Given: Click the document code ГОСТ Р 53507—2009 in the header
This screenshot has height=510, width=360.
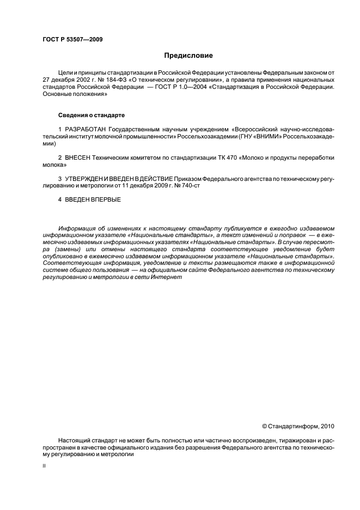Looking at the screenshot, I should point(72,39).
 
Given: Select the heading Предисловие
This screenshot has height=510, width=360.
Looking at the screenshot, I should point(188,56).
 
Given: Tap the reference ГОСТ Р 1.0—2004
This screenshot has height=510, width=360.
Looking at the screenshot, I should point(186,87).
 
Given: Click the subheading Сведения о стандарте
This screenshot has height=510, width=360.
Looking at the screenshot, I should point(91,116).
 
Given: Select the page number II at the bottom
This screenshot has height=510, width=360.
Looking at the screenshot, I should point(44,466).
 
